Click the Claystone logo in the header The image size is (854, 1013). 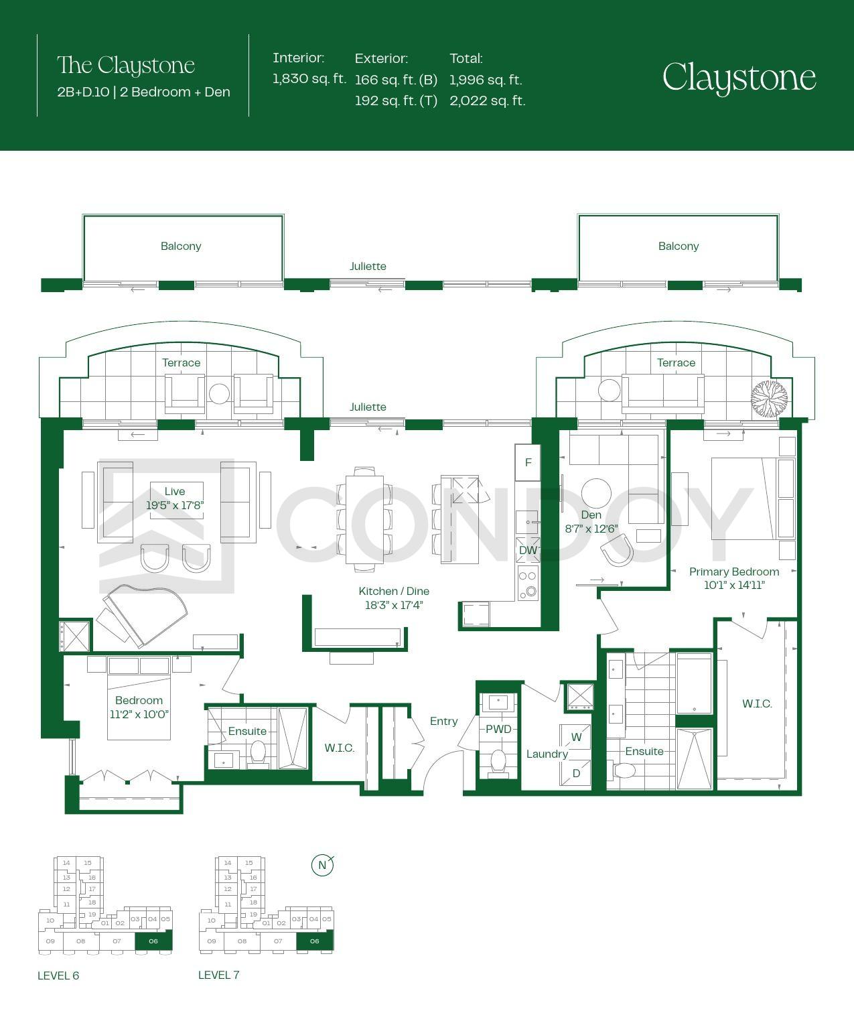click(x=739, y=78)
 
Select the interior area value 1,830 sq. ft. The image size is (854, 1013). click(x=309, y=78)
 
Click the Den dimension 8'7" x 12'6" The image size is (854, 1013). click(x=591, y=529)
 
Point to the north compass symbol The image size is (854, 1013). click(x=322, y=865)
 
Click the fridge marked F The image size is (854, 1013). click(x=528, y=462)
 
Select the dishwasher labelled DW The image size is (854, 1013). click(x=528, y=550)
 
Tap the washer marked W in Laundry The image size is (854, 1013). click(x=575, y=737)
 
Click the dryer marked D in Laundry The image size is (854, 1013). click(x=575, y=773)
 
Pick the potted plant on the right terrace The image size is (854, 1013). click(x=769, y=399)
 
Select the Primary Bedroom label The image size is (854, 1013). click(x=734, y=571)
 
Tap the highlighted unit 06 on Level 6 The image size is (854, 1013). click(x=153, y=941)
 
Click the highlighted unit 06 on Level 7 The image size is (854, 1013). click(x=315, y=941)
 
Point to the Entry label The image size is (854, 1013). click(x=443, y=721)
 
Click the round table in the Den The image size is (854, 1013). click(x=596, y=493)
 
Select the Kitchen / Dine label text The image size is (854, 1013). click(x=394, y=591)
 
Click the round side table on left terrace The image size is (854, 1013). click(x=219, y=393)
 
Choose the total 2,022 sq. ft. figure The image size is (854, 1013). click(x=488, y=100)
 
